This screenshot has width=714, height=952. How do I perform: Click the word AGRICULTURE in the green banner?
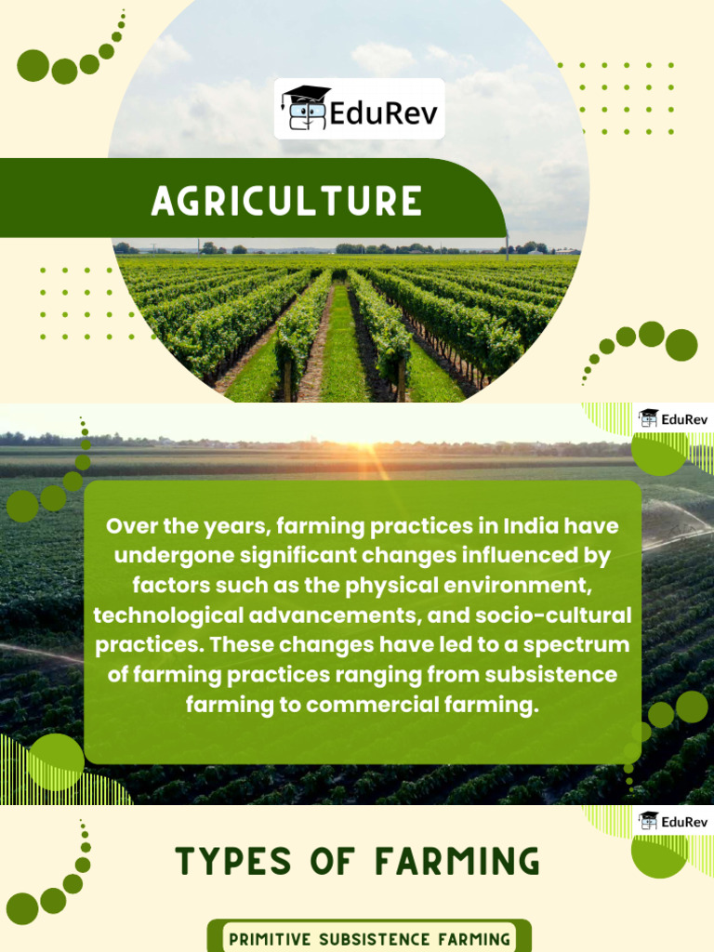tap(286, 201)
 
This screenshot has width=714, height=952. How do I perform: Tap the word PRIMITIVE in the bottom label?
tap(270, 939)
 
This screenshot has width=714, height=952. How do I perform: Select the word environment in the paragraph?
tap(543, 586)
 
